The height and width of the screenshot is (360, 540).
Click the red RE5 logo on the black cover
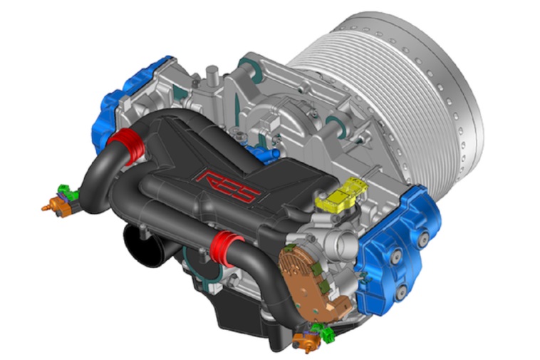pos(229,185)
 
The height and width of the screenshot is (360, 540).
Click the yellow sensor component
pos(343,195)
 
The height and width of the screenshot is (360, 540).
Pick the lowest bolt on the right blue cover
pos(401,293)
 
